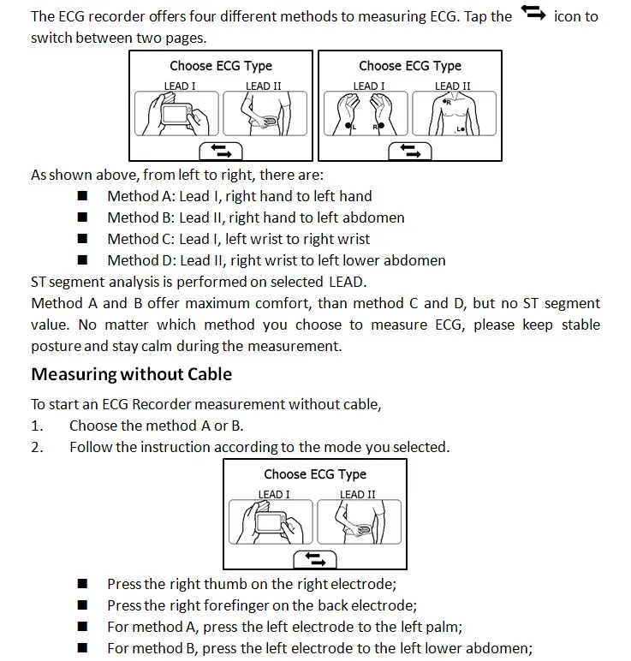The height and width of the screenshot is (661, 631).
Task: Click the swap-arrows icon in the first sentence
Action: [x=532, y=14]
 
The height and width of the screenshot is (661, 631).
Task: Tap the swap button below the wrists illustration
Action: [x=411, y=151]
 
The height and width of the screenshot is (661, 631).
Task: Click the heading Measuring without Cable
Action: [x=131, y=374]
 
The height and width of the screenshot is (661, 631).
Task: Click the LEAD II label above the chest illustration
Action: [x=452, y=86]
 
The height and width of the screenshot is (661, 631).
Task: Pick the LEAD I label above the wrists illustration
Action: [x=368, y=86]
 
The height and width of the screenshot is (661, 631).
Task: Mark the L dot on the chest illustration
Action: [x=462, y=129]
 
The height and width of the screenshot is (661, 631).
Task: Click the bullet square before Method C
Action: [x=83, y=239]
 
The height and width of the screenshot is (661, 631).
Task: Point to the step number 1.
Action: [x=37, y=426]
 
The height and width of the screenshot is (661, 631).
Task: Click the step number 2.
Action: [x=37, y=447]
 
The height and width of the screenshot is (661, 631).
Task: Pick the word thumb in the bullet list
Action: [x=223, y=584]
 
